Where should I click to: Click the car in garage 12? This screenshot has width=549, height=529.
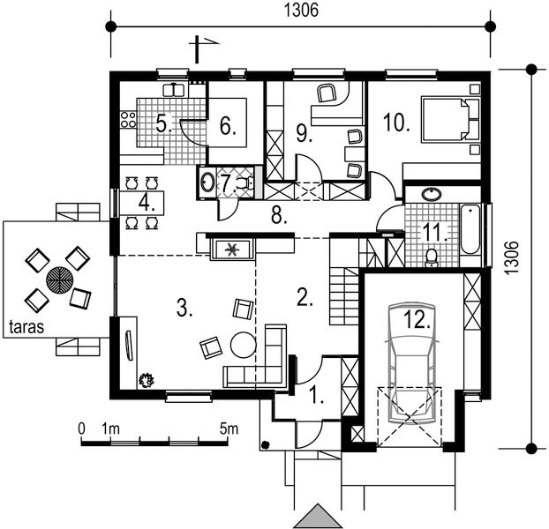pyautogui.click(x=412, y=363)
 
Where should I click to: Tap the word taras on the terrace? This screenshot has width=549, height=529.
pyautogui.click(x=26, y=327)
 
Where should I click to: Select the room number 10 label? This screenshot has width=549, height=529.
pyautogui.click(x=396, y=123)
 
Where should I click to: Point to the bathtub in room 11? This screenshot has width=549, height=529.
pyautogui.click(x=470, y=229)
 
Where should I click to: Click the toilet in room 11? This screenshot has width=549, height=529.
pyautogui.click(x=432, y=257)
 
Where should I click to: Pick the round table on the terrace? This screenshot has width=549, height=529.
pyautogui.click(x=59, y=280)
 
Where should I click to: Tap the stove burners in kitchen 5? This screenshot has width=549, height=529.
pyautogui.click(x=128, y=119)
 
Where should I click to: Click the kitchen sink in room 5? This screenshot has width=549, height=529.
pyautogui.click(x=174, y=90)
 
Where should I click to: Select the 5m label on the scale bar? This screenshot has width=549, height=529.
pyautogui.click(x=229, y=429)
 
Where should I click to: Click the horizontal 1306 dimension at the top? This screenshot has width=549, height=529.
pyautogui.click(x=301, y=11)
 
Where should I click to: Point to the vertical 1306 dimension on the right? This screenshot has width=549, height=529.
pyautogui.click(x=512, y=257)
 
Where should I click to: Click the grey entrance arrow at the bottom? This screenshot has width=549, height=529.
pyautogui.click(x=318, y=516)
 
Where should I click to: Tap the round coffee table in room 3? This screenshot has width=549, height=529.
pyautogui.click(x=244, y=345)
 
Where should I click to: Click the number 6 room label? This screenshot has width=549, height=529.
pyautogui.click(x=228, y=126)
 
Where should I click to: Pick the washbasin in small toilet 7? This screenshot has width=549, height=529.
pyautogui.click(x=207, y=183)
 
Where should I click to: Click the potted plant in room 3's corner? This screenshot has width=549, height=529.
pyautogui.click(x=147, y=380)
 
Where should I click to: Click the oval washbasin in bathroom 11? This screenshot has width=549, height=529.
pyautogui.click(x=432, y=194)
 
